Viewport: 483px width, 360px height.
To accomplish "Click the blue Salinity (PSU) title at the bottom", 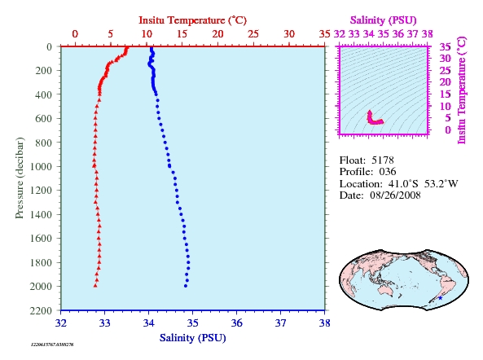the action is [x=192, y=338].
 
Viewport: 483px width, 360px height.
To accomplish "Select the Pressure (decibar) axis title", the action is [x=20, y=178].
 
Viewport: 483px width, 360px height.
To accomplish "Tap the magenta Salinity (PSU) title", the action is [x=383, y=20].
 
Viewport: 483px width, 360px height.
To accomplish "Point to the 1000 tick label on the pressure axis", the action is [x=41, y=166].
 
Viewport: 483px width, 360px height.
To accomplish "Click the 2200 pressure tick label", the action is [x=41, y=310].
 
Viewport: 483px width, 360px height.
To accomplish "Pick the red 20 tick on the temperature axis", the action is [x=217, y=34].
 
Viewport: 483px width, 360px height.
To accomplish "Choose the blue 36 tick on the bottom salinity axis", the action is [x=236, y=323].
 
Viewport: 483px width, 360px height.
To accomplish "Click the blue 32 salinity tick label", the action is [x=61, y=323].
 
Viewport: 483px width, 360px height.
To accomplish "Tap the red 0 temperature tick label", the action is [x=75, y=34].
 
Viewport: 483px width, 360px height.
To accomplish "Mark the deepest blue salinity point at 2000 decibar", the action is [x=186, y=286].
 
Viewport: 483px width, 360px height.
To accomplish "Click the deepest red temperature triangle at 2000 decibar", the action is [x=95, y=285].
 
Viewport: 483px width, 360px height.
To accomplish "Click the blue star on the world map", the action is [x=440, y=298].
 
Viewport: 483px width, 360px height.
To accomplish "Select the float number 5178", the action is [x=383, y=160].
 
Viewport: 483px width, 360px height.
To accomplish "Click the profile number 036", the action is [x=388, y=172].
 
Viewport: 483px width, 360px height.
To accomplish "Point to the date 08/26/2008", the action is [x=395, y=195].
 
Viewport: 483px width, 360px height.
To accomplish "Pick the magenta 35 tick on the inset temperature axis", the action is [x=445, y=47].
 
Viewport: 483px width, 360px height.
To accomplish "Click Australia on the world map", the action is [x=388, y=289].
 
